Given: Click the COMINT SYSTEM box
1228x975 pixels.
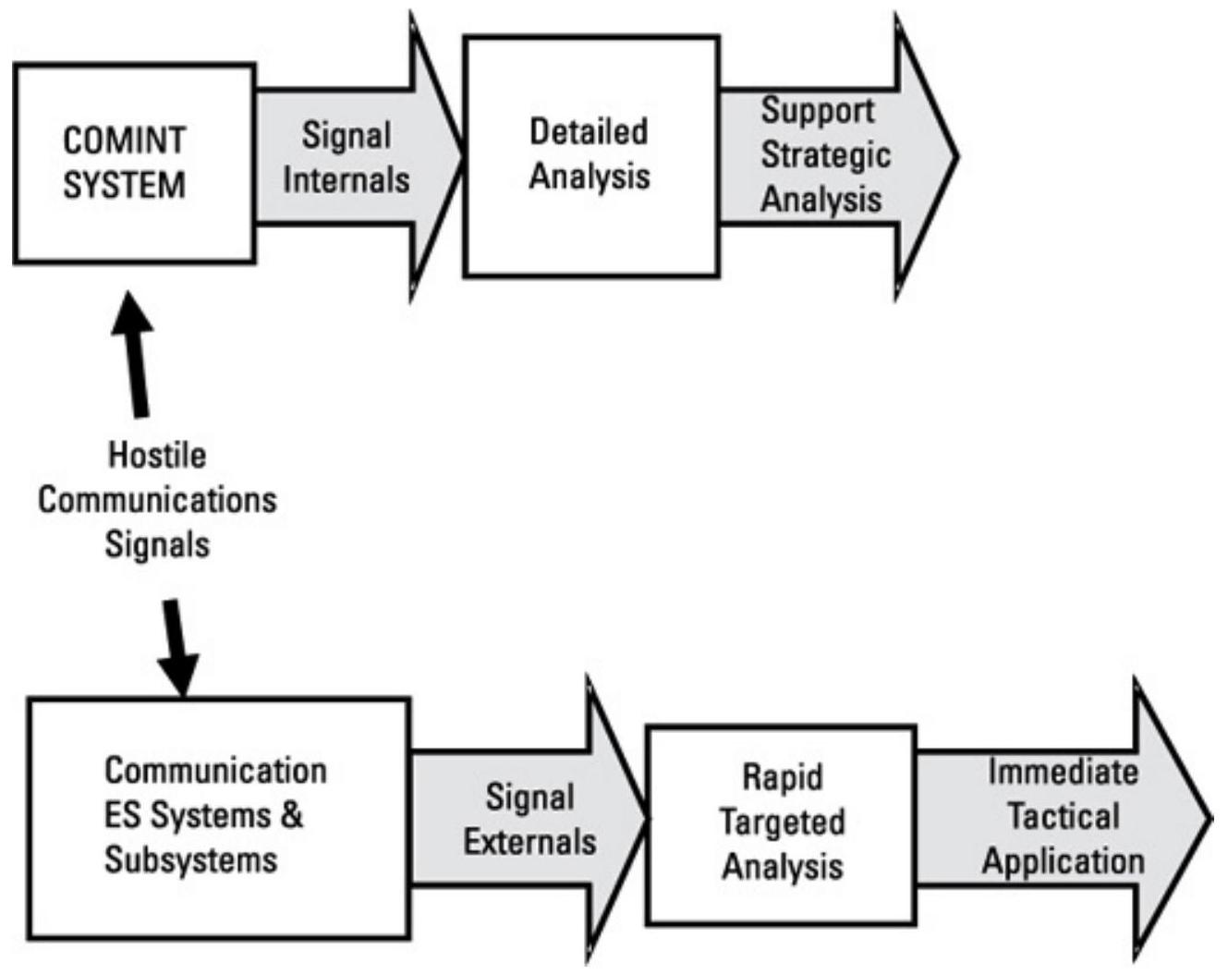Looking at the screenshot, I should [134, 164].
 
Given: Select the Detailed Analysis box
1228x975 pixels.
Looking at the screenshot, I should [590, 156].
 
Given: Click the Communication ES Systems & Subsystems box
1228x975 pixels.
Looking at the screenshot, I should [218, 817].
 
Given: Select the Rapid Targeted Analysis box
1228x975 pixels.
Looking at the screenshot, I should [782, 823].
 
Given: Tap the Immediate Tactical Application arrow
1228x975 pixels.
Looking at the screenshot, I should [1063, 817].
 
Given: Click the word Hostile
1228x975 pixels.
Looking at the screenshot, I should [157, 455].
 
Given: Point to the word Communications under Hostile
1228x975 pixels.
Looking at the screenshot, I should [157, 500].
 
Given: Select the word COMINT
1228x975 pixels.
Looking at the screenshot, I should [124, 141].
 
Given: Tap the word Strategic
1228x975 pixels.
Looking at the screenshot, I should [825, 155].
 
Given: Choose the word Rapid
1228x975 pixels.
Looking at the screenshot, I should [783, 777].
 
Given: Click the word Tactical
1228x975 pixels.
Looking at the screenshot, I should [1063, 817].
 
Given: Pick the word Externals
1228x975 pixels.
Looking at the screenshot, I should [529, 842].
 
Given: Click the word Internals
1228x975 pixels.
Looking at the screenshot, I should [346, 179].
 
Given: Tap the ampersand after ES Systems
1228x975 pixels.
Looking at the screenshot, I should [291, 816].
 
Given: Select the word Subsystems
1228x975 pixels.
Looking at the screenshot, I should [190, 860].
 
